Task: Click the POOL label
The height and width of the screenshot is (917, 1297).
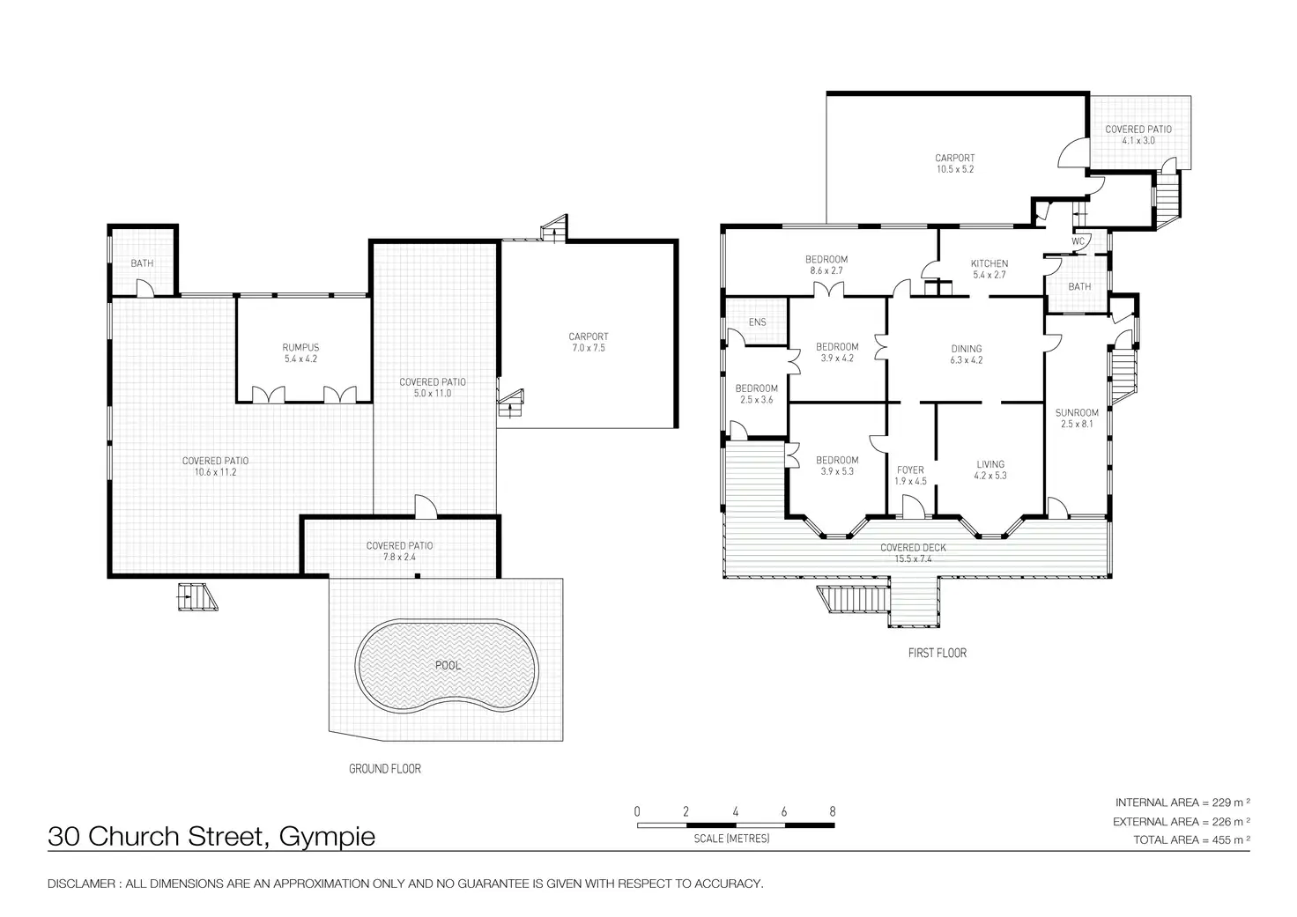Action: pyautogui.click(x=448, y=665)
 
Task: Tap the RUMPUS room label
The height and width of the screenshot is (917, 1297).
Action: pyautogui.click(x=300, y=348)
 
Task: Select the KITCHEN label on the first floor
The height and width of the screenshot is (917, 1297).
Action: pyautogui.click(x=989, y=263)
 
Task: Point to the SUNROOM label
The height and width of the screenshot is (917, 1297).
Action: pyautogui.click(x=1077, y=412)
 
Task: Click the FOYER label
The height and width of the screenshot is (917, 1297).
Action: pyautogui.click(x=910, y=470)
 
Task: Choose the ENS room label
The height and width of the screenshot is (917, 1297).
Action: pyautogui.click(x=757, y=322)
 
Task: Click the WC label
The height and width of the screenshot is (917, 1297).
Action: pyautogui.click(x=1078, y=241)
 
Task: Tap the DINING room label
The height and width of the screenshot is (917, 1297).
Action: pyautogui.click(x=966, y=349)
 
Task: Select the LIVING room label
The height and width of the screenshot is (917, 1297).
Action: pyautogui.click(x=990, y=464)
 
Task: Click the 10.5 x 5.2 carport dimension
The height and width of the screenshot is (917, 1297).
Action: pyautogui.click(x=954, y=169)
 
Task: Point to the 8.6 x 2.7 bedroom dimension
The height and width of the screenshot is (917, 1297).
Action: pyautogui.click(x=826, y=270)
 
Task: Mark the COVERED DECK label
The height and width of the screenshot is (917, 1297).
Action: pyautogui.click(x=913, y=548)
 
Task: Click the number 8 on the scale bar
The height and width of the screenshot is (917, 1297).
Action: pyautogui.click(x=832, y=811)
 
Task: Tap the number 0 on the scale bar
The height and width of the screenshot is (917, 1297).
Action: pyautogui.click(x=636, y=811)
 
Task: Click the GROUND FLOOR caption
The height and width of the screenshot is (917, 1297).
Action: pyautogui.click(x=385, y=769)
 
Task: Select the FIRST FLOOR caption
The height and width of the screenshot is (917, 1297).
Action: pyautogui.click(x=937, y=653)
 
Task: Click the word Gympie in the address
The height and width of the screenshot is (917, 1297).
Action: pyautogui.click(x=327, y=836)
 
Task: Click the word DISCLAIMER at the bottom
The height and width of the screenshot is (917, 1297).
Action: pyautogui.click(x=81, y=884)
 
